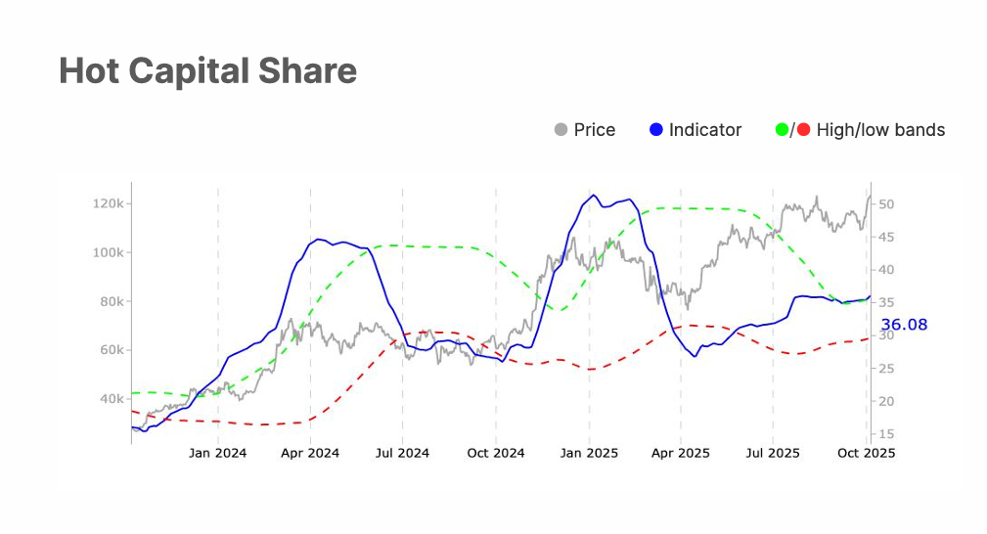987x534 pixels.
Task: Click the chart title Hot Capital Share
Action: [207, 71]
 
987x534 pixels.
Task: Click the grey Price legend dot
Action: [561, 130]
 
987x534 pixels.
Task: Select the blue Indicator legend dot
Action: [656, 130]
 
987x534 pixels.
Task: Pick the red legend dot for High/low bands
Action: [803, 130]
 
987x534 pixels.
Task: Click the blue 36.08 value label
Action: [903, 325]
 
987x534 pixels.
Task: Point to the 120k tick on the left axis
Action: [108, 203]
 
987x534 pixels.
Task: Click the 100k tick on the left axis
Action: [108, 252]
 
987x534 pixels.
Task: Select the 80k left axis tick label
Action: [111, 301]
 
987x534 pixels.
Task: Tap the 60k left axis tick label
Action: [111, 350]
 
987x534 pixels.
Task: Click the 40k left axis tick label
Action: [111, 399]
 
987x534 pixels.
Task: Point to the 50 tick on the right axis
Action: [885, 204]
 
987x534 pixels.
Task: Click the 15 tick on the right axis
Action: [885, 434]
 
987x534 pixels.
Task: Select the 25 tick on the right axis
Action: [885, 369]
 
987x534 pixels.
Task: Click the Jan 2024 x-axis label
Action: [217, 453]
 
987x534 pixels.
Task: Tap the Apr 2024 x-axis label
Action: [310, 453]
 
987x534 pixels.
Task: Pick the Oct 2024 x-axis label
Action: [495, 453]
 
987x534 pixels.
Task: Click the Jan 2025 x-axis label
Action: [588, 453]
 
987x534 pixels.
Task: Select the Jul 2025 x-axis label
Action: [772, 453]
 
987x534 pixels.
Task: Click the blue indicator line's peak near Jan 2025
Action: [593, 195]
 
